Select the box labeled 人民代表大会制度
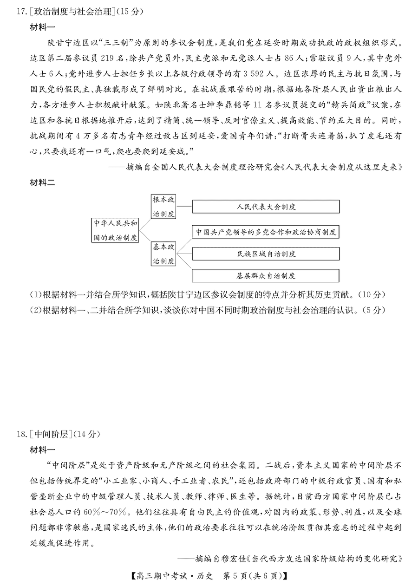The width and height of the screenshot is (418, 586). [x=266, y=207]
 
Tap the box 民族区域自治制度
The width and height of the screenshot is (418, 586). [x=266, y=254]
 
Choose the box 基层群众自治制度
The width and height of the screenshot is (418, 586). [x=266, y=276]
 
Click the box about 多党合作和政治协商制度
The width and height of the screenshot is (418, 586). [x=266, y=232]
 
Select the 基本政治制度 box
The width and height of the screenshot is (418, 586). [x=163, y=254]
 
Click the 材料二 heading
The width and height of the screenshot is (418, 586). [x=42, y=183]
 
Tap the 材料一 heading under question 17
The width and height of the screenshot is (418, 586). [x=42, y=27]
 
